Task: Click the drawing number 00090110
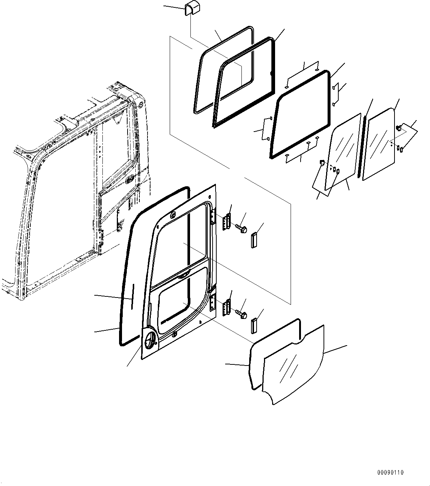tap(390, 472)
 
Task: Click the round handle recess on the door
tap(150, 340)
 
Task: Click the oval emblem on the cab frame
tap(130, 180)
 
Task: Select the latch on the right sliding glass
tap(399, 128)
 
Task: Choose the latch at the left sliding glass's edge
tap(321, 162)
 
